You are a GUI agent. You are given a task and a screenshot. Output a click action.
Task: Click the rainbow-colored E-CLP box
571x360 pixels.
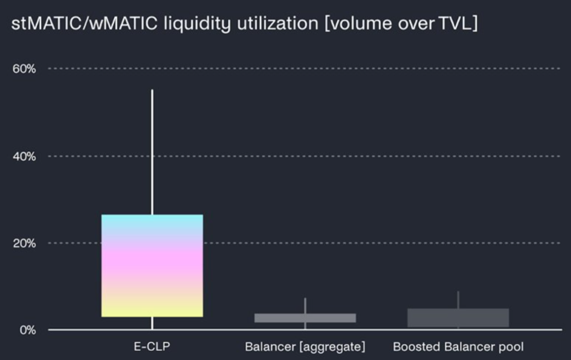(152, 265)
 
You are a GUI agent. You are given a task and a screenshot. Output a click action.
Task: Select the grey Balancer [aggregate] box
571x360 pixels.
(305, 318)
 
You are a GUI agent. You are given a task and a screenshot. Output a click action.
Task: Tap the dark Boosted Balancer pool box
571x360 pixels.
(458, 318)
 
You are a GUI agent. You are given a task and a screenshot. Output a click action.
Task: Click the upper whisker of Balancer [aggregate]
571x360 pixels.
(305, 306)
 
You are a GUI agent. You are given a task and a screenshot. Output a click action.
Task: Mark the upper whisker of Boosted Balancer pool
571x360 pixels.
(458, 300)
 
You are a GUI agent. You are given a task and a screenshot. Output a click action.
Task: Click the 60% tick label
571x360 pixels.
(24, 69)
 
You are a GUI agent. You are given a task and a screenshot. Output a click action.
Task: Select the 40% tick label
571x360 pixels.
(24, 156)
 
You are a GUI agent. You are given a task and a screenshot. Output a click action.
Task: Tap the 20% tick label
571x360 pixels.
(24, 243)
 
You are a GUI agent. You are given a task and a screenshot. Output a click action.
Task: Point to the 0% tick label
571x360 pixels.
(27, 330)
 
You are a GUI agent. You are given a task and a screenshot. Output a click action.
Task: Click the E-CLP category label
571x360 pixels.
(152, 347)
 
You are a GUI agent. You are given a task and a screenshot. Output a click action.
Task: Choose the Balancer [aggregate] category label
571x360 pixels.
(305, 347)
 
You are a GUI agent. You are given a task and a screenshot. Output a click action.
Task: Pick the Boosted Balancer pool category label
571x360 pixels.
(458, 347)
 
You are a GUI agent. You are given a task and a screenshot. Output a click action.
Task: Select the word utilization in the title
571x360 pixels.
(278, 24)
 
